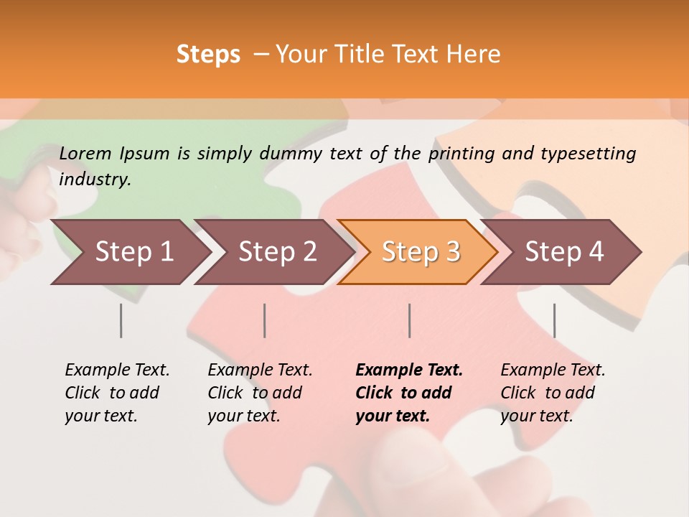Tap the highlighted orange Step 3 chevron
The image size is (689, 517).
(x=419, y=251)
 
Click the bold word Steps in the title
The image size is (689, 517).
(x=208, y=55)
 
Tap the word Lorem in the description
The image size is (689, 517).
(x=85, y=153)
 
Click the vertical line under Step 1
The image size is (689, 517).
(x=121, y=320)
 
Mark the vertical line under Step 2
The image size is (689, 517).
(x=265, y=320)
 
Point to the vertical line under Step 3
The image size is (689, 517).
(x=409, y=320)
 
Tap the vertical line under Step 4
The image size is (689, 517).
(x=554, y=320)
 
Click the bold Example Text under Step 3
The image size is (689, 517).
(x=409, y=370)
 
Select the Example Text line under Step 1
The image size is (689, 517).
(x=117, y=370)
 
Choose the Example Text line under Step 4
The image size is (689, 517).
(x=553, y=370)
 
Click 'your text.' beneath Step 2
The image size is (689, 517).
(x=243, y=416)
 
